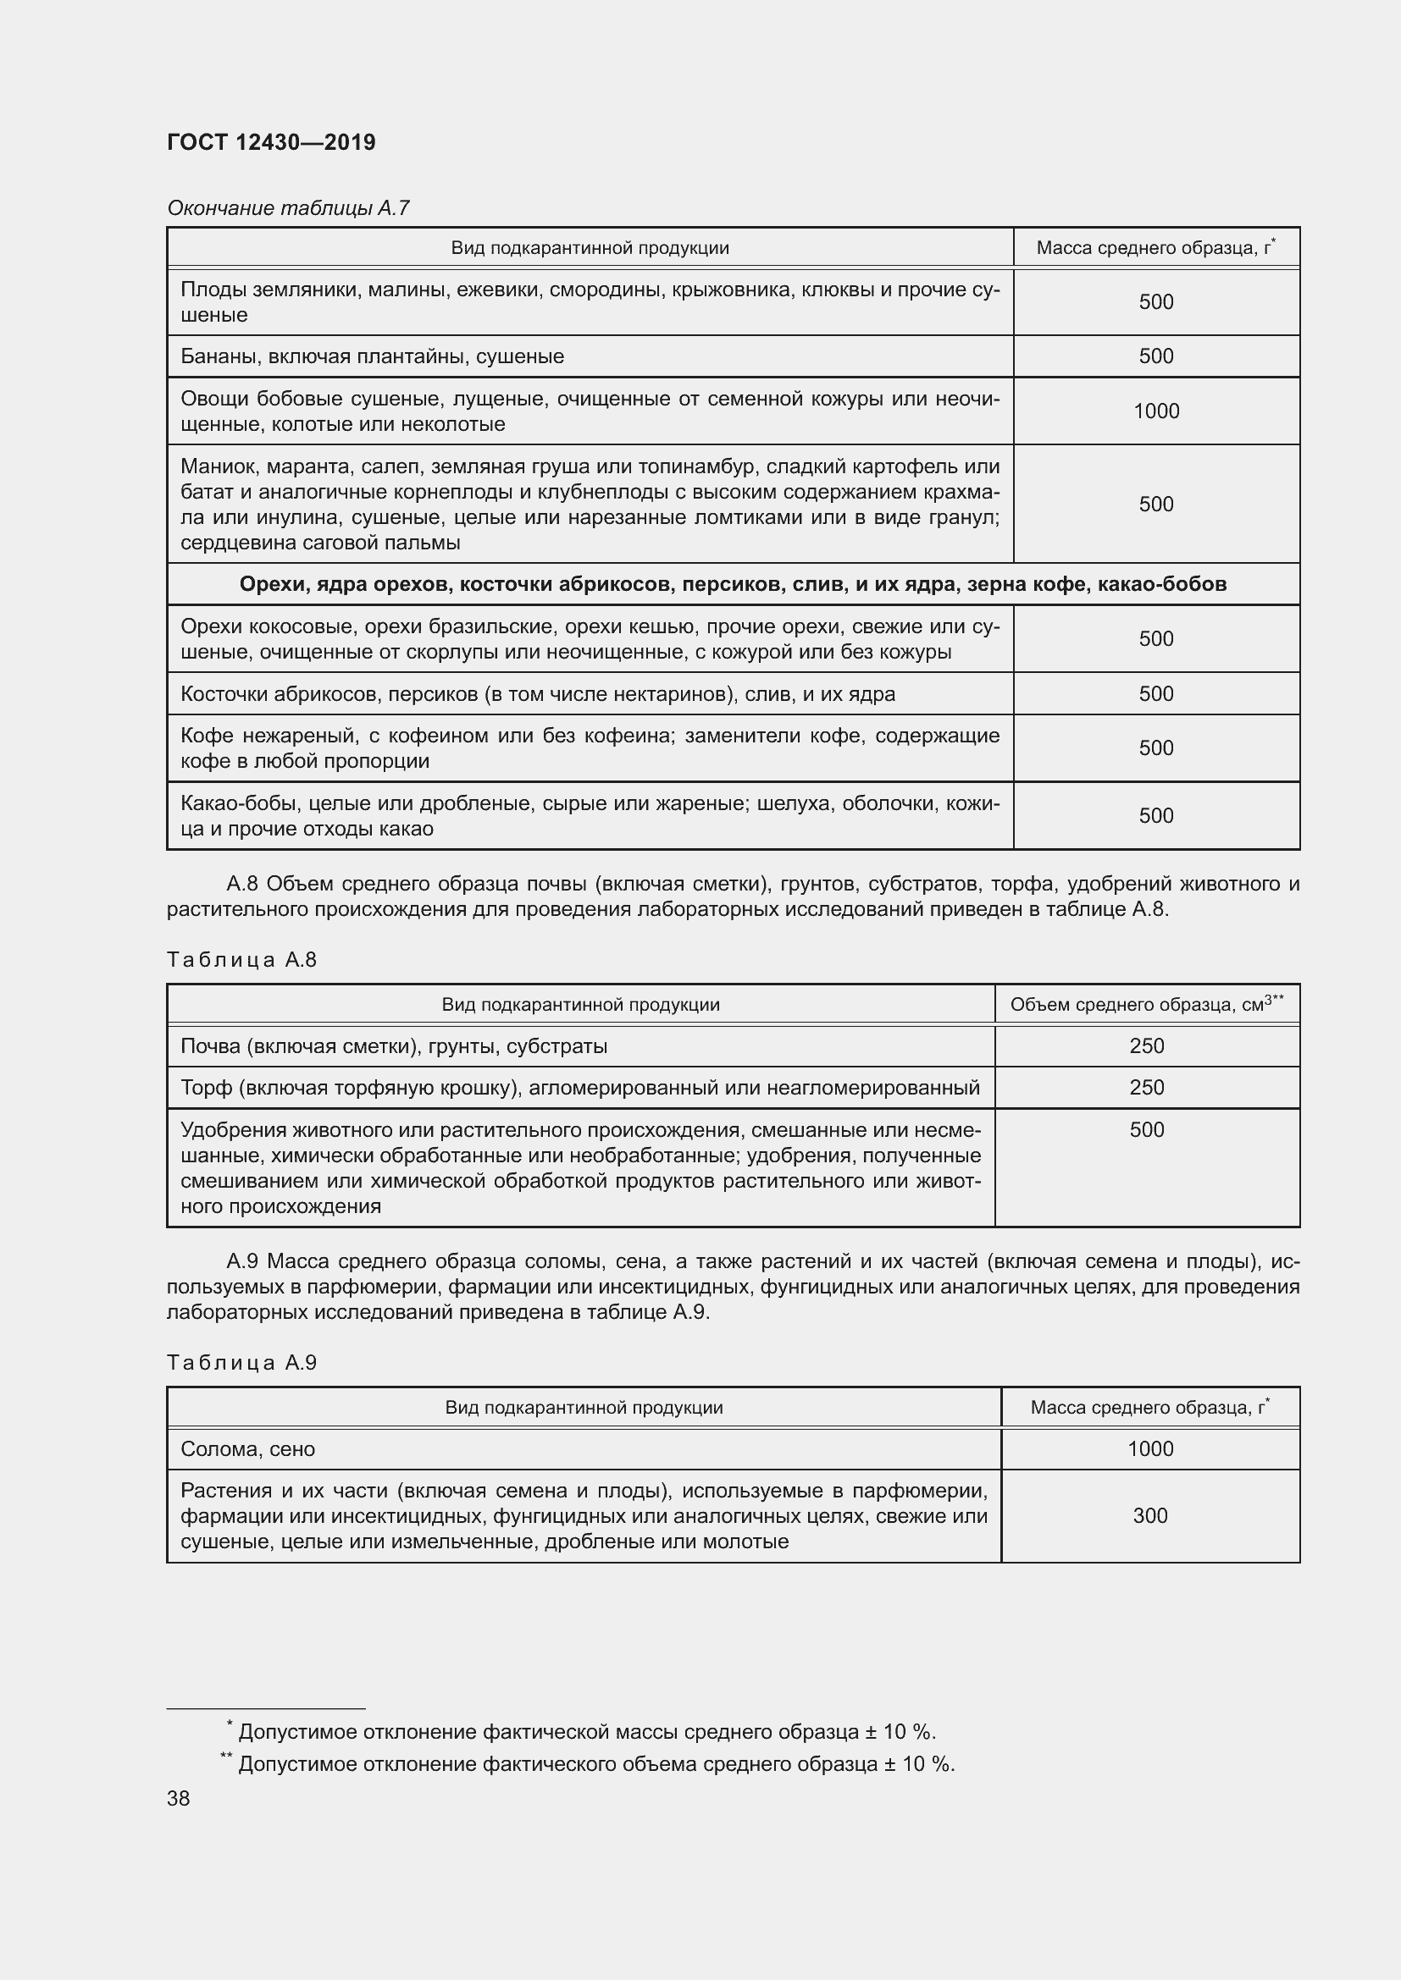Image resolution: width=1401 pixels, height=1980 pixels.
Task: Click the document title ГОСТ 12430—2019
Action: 271,142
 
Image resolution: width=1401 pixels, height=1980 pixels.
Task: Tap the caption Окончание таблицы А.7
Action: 288,208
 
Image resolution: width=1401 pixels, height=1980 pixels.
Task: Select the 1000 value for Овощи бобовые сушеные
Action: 1155,411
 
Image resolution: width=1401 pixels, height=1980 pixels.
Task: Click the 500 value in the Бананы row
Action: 1155,356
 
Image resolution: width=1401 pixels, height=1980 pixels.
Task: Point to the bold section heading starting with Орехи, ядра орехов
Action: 733,585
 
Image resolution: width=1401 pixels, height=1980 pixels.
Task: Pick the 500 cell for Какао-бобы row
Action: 1155,816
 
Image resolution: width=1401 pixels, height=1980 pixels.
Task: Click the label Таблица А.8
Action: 241,960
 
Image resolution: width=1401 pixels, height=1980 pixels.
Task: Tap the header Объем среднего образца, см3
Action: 1146,1005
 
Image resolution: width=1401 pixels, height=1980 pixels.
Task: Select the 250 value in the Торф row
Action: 1146,1088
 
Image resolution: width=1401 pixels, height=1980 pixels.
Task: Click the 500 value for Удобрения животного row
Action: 1146,1130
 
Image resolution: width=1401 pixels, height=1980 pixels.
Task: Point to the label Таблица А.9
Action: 241,1363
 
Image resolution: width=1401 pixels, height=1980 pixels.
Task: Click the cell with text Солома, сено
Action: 247,1449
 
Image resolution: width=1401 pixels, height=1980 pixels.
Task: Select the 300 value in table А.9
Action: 1149,1516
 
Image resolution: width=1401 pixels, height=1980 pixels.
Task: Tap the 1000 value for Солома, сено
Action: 1149,1449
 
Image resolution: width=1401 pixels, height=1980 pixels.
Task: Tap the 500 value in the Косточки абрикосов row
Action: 1155,694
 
